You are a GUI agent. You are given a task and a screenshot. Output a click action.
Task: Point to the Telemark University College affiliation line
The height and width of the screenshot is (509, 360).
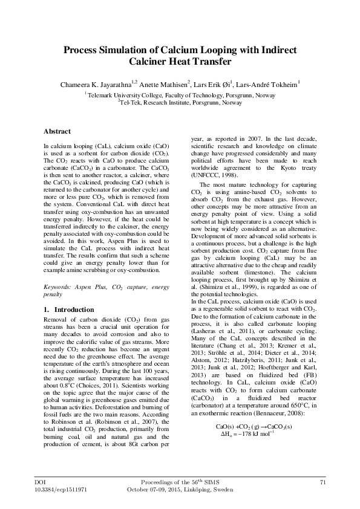180,95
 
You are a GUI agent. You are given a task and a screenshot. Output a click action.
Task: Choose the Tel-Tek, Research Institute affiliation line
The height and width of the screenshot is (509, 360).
180,102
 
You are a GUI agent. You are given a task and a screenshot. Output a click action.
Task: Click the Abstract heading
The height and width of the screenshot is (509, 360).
57,131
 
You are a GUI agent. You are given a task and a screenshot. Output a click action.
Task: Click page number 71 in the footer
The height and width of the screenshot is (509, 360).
322,481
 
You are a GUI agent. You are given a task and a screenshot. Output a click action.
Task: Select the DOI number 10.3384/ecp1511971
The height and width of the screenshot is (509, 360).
57,488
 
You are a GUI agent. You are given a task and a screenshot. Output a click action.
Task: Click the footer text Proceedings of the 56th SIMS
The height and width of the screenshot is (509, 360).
180,481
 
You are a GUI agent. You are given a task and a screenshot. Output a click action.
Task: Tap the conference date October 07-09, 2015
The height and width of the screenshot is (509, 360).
155,488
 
